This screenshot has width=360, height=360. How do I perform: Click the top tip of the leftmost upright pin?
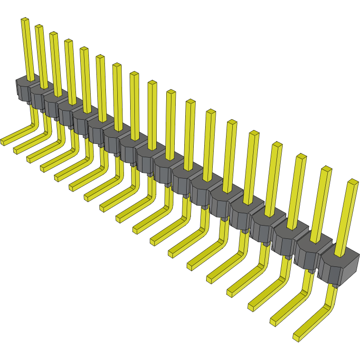25,19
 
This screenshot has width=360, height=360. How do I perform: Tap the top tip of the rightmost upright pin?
352,181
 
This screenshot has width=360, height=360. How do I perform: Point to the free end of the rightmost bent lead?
296,337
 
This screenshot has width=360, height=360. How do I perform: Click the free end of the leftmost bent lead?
3,142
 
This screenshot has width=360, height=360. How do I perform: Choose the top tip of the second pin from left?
39,26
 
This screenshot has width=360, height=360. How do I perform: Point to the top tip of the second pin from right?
326,169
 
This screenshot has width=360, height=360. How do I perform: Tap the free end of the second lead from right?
274,322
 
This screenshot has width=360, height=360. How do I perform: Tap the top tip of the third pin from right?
301,156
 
